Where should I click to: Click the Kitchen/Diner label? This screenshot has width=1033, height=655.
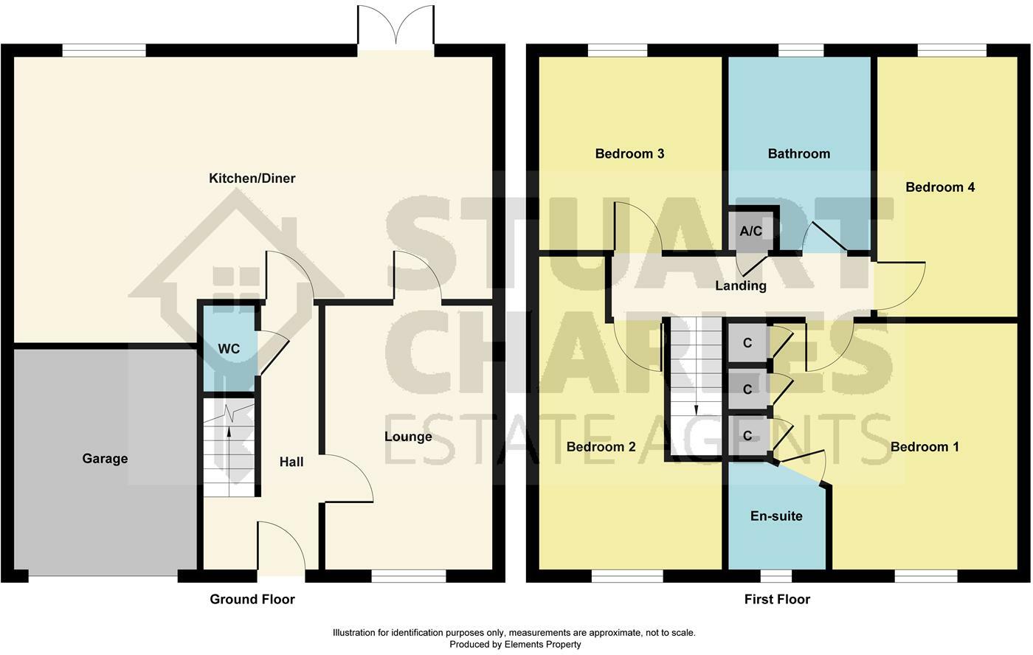coord(252,179)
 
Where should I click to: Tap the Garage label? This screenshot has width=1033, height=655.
coord(105,459)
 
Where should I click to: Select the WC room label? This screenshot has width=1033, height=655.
coord(229,348)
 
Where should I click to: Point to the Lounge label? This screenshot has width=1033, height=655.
coord(408,437)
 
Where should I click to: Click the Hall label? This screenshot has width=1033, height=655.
coord(291,462)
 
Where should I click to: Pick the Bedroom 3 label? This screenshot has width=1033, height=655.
coord(629,153)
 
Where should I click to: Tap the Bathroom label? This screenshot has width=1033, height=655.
coord(798,153)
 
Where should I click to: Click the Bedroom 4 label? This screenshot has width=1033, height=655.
coord(940,187)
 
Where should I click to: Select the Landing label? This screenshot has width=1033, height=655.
coord(741,285)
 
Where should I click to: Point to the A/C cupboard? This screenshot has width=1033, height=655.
coord(751,231)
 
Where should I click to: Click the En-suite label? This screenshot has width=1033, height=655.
coord(776,516)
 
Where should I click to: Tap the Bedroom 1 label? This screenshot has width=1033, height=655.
coord(925,447)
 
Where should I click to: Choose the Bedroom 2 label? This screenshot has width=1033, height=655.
coord(601,447)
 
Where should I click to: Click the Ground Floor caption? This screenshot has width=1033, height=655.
coord(252,599)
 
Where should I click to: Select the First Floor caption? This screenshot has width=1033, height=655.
coord(777,599)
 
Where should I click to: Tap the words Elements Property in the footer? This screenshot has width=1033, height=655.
coord(543,645)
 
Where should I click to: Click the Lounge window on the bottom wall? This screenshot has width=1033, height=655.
coord(409,576)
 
